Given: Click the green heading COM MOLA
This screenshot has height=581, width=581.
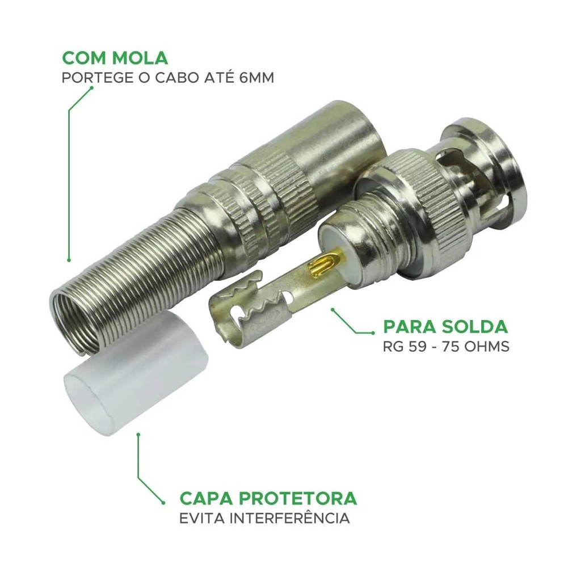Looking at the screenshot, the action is [x=115, y=58].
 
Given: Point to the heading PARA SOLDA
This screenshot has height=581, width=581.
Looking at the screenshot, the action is [x=445, y=326].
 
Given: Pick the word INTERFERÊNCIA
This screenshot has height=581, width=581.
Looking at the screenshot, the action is [x=289, y=517].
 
